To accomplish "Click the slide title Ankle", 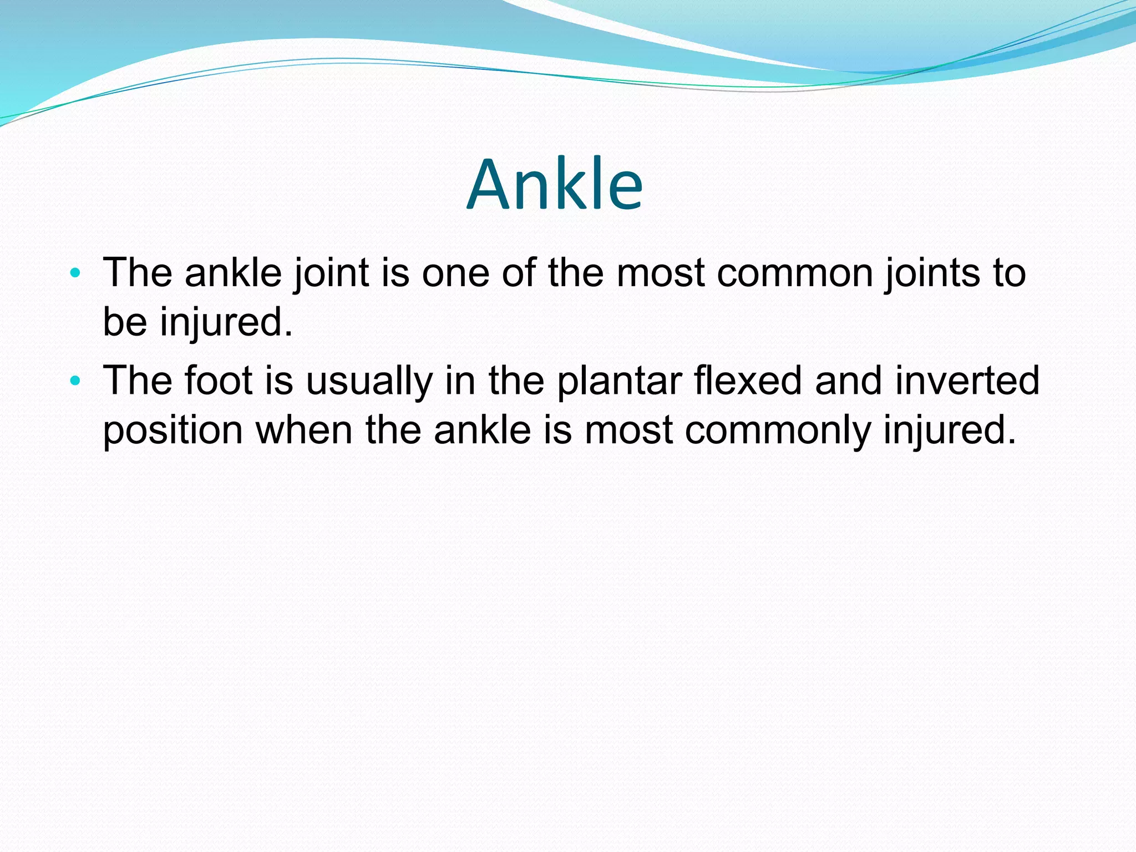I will pyautogui.click(x=555, y=185).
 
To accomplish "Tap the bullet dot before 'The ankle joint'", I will pyautogui.click(x=76, y=273).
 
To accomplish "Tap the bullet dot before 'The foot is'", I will pyautogui.click(x=76, y=381).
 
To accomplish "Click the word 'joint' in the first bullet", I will pyautogui.click(x=331, y=273).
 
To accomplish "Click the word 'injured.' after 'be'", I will pyautogui.click(x=226, y=322).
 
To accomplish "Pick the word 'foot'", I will pyautogui.click(x=219, y=381).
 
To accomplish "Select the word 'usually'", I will pyautogui.click(x=369, y=381).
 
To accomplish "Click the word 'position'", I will pyautogui.click(x=173, y=430).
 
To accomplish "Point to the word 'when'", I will pyautogui.click(x=303, y=430).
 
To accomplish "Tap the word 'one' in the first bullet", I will pyautogui.click(x=455, y=273).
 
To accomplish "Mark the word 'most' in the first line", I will pyautogui.click(x=660, y=273).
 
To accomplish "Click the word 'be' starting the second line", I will pyautogui.click(x=125, y=322).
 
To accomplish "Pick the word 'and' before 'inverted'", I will pyautogui.click(x=848, y=381).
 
